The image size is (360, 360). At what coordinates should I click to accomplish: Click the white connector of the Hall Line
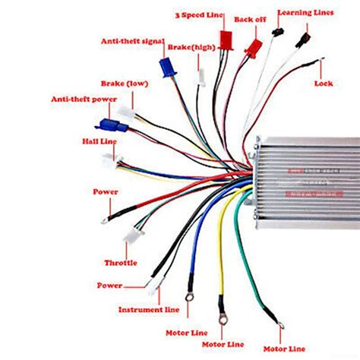click(x=111, y=161)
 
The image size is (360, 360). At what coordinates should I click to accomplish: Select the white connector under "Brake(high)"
click(x=201, y=77)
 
